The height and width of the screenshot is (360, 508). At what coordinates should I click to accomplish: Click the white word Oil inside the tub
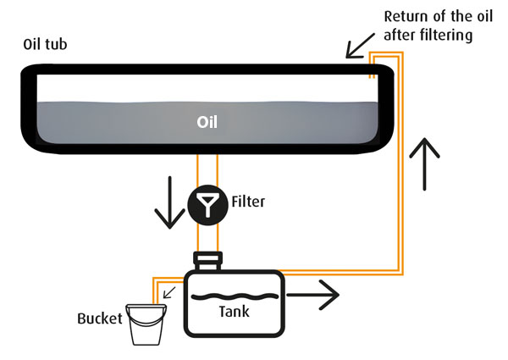pos(207,123)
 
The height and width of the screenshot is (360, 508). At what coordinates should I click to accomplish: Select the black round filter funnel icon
pos(207,203)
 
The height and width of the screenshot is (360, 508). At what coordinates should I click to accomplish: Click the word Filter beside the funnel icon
pos(249,202)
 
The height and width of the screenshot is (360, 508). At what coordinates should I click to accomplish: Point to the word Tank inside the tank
pos(234,312)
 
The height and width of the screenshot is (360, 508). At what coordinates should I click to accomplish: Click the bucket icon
pos(146,326)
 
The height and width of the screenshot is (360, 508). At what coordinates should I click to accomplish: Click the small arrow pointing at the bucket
pos(170,293)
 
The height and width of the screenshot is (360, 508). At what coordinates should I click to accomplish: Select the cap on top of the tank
pos(208,258)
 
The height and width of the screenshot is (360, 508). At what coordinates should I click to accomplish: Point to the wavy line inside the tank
pos(234,296)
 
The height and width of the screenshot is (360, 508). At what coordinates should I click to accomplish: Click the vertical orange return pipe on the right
pos(399,169)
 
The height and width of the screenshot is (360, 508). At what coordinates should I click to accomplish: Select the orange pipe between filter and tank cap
pos(207,237)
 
